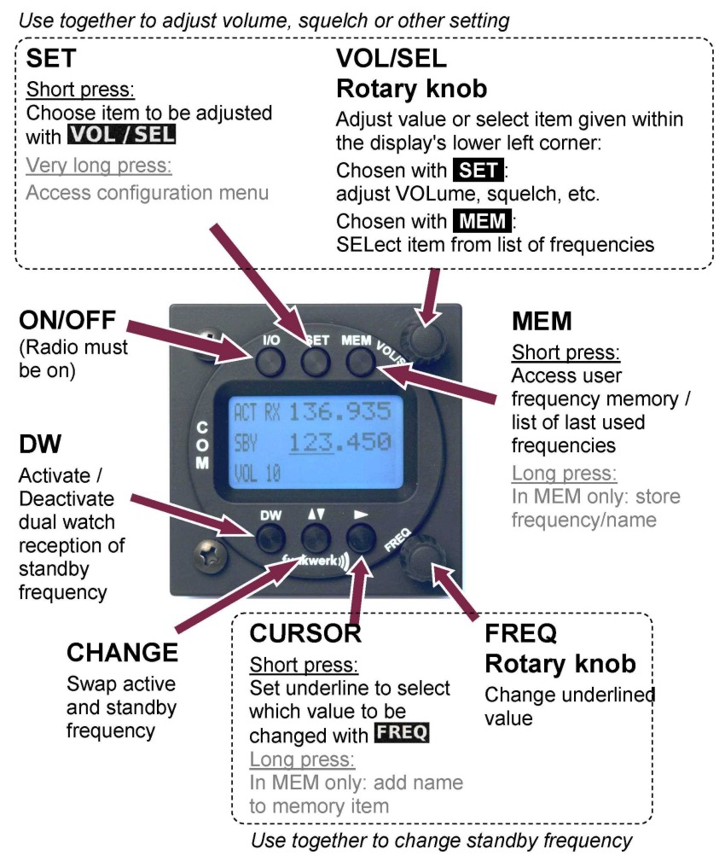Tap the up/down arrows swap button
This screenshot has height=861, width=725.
tap(316, 538)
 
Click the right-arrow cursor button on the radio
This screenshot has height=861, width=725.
tap(360, 538)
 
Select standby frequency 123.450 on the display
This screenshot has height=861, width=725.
tap(339, 442)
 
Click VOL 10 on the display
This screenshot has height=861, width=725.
tap(257, 472)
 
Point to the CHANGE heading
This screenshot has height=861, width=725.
tap(122, 653)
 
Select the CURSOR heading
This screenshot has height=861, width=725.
tap(305, 633)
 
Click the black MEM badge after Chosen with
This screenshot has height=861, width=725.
tap(481, 222)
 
